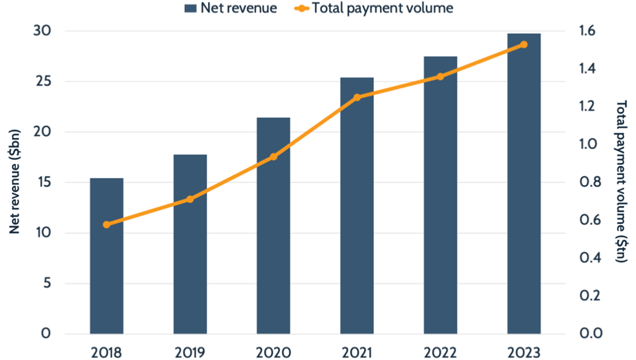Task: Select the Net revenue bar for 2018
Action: tap(107, 256)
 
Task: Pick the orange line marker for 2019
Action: tap(190, 199)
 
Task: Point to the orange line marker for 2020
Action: tap(273, 157)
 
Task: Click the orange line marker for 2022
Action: tap(440, 77)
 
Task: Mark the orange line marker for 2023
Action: tap(524, 44)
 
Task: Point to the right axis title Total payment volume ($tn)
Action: tap(622, 181)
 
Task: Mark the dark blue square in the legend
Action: tap(191, 8)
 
